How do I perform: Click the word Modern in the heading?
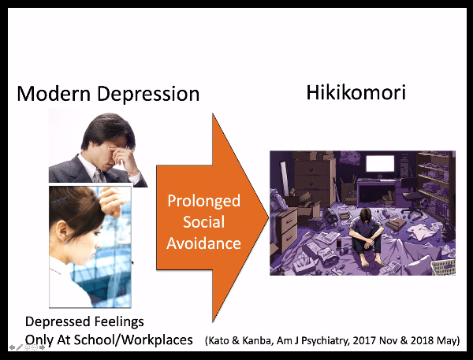tap(54, 94)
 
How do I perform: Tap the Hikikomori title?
tap(356, 92)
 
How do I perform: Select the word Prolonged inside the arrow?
tap(204, 202)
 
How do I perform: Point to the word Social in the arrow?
tap(204, 222)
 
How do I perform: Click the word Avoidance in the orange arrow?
tap(204, 243)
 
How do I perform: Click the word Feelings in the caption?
tap(119, 322)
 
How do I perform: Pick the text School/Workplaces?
tap(133, 340)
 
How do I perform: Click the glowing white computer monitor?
tap(380, 163)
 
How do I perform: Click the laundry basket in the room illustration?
tap(442, 267)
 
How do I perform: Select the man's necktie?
tap(98, 176)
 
